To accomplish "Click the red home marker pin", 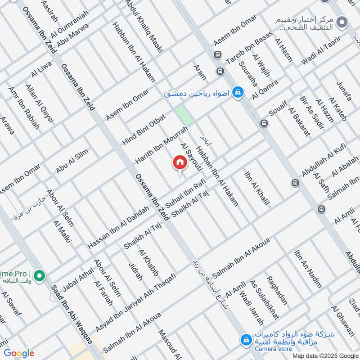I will click(x=179, y=162).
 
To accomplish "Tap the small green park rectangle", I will click(x=184, y=115).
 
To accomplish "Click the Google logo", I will click(x=19, y=353).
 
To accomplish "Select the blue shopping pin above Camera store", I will click(x=246, y=339).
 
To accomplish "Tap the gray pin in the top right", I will click(x=342, y=22).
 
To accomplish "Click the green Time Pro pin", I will click(x=39, y=274).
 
